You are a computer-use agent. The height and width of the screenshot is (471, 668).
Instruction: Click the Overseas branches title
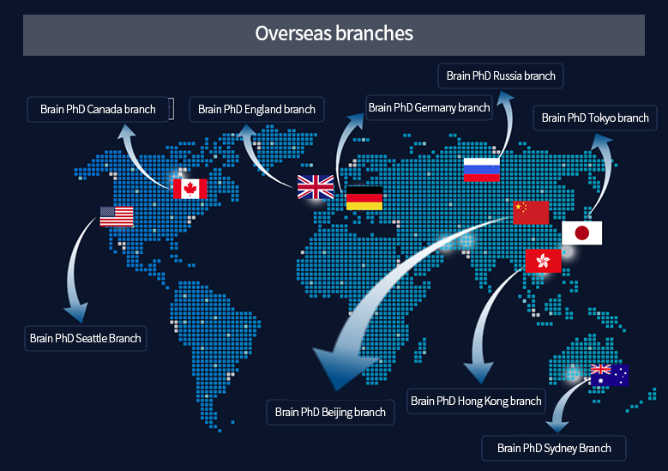click(334, 33)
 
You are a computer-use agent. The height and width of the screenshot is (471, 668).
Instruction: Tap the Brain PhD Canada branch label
click(98, 110)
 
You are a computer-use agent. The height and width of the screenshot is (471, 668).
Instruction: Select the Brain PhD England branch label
click(256, 110)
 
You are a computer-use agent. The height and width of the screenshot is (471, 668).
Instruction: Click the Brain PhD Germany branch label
click(429, 107)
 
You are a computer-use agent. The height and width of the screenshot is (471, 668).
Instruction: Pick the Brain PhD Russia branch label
click(501, 75)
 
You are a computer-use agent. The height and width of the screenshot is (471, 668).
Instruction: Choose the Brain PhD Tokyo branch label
click(595, 118)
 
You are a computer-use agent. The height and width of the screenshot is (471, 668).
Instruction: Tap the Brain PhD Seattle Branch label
click(86, 338)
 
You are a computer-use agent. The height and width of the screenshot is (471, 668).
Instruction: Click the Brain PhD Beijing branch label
click(330, 412)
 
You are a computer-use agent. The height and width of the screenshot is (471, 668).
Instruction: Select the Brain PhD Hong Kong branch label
click(476, 402)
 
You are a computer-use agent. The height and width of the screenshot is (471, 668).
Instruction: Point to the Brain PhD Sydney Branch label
click(554, 449)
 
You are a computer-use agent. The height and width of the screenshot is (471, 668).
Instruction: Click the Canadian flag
click(190, 189)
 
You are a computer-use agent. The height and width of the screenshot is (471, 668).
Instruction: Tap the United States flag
click(117, 216)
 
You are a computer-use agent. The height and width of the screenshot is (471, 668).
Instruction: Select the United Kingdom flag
click(316, 187)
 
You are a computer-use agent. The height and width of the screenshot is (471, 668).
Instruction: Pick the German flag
click(364, 198)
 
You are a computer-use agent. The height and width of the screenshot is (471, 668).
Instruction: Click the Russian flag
click(481, 170)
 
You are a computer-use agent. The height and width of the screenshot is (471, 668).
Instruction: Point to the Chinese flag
click(531, 212)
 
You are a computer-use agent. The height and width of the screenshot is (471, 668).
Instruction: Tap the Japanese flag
click(582, 232)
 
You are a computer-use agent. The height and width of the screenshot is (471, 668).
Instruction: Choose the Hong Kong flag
click(543, 261)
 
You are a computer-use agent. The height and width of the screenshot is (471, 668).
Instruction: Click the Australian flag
click(610, 375)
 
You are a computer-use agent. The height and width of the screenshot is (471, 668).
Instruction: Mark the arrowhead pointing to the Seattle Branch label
click(76, 312)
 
